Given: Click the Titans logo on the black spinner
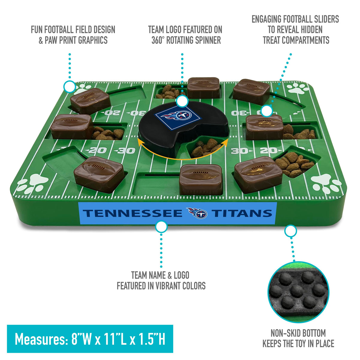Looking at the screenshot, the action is [x=178, y=118].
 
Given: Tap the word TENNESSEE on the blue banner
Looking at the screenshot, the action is [x=133, y=214].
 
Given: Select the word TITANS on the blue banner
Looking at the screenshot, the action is [x=241, y=214].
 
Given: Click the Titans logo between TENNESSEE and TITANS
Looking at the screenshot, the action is [x=197, y=213].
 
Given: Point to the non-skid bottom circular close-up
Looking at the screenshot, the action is [x=298, y=292].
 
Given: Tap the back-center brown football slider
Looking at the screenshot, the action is [x=203, y=88].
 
